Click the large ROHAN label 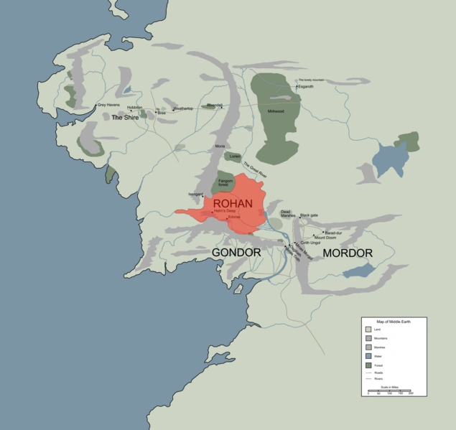click(233, 203)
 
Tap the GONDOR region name click(236, 253)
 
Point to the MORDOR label click(348, 253)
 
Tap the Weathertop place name click(183, 108)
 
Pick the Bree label click(162, 113)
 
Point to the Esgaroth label click(306, 86)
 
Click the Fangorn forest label click(226, 183)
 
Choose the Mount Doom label click(325, 237)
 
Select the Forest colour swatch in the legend click(368, 365)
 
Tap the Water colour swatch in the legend click(368, 355)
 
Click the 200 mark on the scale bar click(411, 393)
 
